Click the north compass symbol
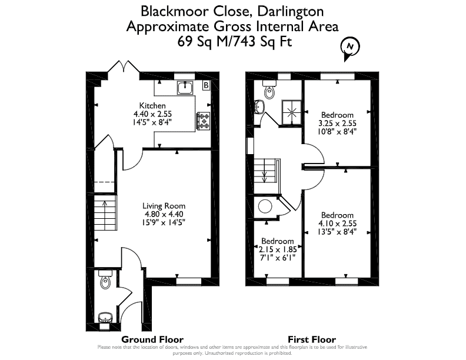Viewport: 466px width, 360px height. (350, 48)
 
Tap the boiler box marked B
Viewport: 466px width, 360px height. (206, 85)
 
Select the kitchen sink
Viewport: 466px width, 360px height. (185, 88)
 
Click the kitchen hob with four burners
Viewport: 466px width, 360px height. (203, 121)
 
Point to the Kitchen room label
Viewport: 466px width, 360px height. (152, 105)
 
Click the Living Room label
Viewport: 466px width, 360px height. (164, 206)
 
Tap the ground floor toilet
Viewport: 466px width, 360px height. (105, 279)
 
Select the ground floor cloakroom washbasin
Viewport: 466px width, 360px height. (105, 318)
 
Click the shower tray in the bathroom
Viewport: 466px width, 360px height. (291, 112)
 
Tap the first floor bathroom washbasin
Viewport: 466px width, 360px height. (259, 106)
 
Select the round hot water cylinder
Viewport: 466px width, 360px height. (265, 206)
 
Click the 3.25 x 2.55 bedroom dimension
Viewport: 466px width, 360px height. (337, 124)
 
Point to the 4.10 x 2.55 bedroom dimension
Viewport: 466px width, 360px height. (337, 224)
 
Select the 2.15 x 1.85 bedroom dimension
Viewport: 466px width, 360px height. (278, 249)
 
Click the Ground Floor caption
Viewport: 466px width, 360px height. (152, 339)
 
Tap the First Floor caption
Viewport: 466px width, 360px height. (312, 339)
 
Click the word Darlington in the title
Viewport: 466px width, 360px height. (290, 12)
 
